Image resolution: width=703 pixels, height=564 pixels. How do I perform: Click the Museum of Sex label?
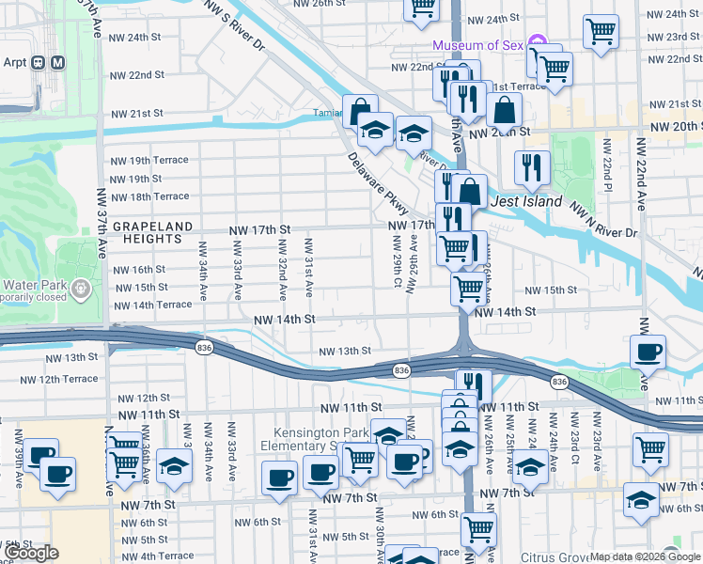(x=477, y=46)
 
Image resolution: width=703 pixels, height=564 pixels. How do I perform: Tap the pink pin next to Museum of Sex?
(x=537, y=42)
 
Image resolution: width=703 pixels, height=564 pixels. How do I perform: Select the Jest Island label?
(x=525, y=201)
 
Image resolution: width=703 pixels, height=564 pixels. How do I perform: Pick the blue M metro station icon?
(x=58, y=63)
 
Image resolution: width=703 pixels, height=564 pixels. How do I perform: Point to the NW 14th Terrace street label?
(x=152, y=305)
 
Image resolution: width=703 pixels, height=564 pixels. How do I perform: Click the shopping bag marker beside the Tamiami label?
(x=360, y=112)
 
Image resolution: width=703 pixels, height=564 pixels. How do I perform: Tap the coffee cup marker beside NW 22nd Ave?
(x=648, y=352)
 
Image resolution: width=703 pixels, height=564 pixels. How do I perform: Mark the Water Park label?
(x=31, y=286)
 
